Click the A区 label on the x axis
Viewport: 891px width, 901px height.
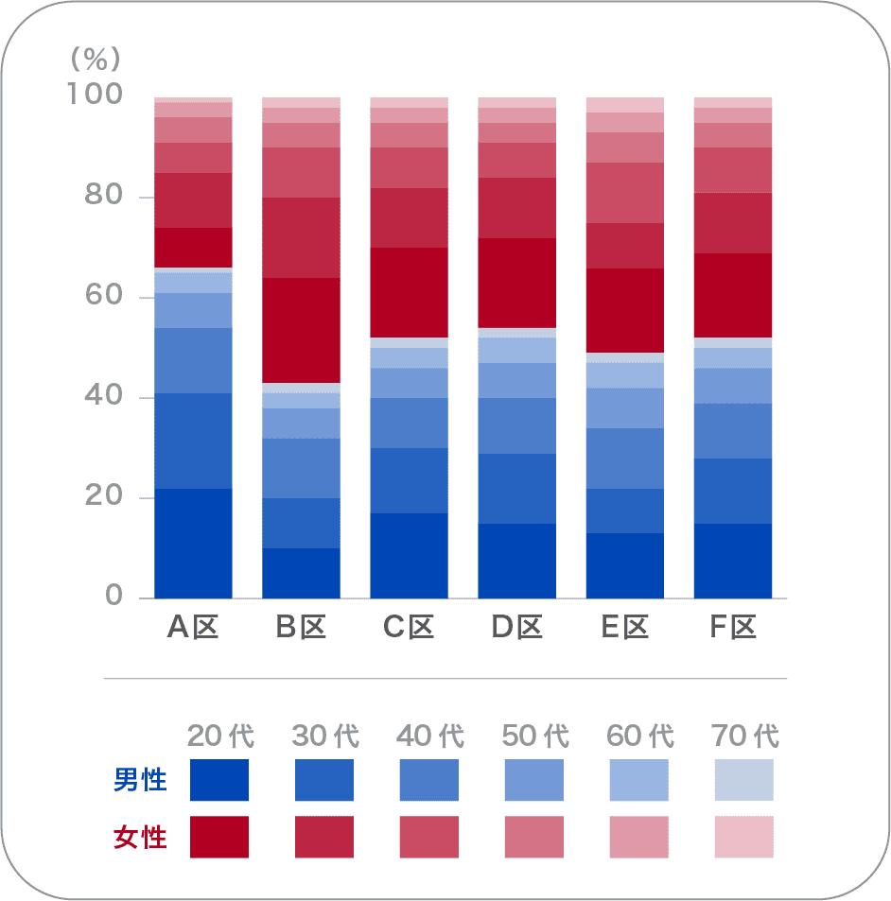click(x=193, y=627)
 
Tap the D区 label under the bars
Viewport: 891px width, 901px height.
click(x=516, y=627)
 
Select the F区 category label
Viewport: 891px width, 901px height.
click(x=733, y=627)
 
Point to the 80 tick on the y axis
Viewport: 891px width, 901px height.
click(x=103, y=197)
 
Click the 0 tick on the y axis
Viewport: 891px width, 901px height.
click(x=114, y=597)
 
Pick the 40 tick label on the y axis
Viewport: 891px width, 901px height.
click(x=103, y=397)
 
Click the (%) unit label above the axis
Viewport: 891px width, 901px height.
click(x=96, y=60)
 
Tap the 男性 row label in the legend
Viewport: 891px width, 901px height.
click(x=140, y=780)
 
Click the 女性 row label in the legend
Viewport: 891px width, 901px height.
click(x=140, y=837)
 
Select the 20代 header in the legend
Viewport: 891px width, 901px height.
click(x=220, y=736)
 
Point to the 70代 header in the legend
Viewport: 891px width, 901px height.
click(x=744, y=736)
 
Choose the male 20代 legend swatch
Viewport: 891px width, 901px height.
click(x=219, y=780)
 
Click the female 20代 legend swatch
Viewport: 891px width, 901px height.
click(x=219, y=837)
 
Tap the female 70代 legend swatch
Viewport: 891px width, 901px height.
click(x=744, y=837)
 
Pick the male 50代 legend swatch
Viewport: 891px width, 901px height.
click(x=534, y=780)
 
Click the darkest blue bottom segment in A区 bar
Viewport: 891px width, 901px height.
click(x=193, y=543)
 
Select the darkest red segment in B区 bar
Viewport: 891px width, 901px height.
click(x=301, y=330)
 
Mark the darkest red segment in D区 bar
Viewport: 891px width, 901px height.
click(x=516, y=283)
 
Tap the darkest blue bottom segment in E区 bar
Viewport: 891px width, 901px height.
click(x=625, y=565)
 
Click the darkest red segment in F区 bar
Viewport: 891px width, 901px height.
click(x=733, y=295)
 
